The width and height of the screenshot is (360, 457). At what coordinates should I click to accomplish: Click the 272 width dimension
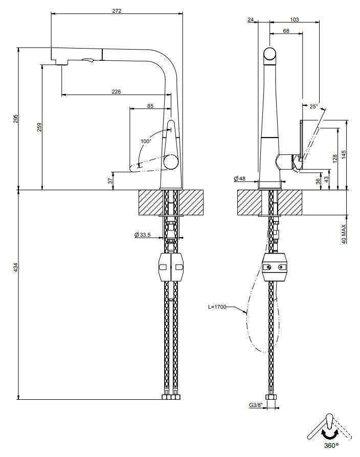(117, 11)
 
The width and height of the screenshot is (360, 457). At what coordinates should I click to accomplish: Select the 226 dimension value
(116, 92)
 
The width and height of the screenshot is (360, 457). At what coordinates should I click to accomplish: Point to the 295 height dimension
(15, 119)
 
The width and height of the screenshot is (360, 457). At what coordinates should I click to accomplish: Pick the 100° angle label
(146, 141)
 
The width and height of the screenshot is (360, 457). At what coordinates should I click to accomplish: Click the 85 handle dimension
(150, 106)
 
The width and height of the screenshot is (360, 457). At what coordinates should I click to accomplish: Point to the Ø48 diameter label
(240, 178)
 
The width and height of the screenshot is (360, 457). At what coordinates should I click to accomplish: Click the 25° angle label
(313, 106)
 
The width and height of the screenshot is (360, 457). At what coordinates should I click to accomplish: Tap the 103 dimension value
(294, 19)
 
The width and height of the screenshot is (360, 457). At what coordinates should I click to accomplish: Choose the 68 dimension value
(285, 31)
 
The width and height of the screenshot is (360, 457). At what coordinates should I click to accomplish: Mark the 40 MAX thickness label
(344, 234)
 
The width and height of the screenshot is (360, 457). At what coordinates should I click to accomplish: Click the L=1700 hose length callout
(217, 307)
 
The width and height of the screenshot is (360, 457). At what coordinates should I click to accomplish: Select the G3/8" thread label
(255, 405)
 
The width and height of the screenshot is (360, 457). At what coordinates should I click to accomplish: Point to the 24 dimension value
(251, 19)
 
